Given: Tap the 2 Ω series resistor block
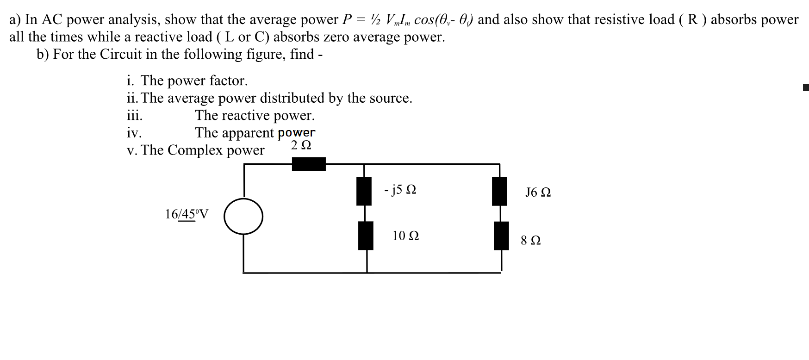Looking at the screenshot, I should click(309, 164).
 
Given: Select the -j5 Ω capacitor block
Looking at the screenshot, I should click(364, 191).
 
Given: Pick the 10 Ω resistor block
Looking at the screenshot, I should click(366, 236).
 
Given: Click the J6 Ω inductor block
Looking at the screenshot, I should click(499, 191).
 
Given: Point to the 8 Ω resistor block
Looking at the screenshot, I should click(501, 236).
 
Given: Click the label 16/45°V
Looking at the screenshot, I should click(187, 214).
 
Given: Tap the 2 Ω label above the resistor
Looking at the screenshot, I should click(301, 145).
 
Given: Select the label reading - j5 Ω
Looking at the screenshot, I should click(400, 190).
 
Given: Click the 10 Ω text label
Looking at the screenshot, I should click(405, 236).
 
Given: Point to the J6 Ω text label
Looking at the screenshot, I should click(538, 192).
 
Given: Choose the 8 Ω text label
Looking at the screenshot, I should click(530, 241).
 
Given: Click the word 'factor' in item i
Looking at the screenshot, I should click(228, 81).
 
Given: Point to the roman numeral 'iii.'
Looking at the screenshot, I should click(135, 115).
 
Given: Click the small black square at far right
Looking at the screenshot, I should click(806, 87).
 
